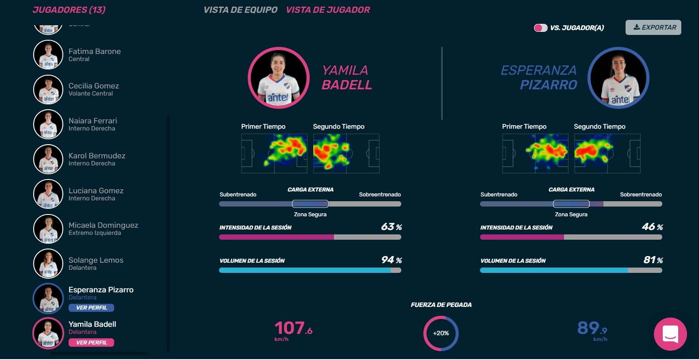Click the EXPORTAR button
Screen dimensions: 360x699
[653, 27]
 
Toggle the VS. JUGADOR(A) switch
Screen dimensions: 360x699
[541, 28]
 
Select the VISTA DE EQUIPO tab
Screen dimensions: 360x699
[240, 10]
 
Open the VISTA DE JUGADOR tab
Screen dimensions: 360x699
[328, 10]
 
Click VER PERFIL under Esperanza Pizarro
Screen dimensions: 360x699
[92, 308]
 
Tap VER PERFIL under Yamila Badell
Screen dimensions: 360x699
[92, 343]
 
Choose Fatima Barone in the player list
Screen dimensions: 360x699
[94, 51]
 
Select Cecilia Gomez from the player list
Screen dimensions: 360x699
[93, 86]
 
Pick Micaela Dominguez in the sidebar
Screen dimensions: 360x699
[103, 226]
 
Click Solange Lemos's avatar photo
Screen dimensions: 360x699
[48, 264]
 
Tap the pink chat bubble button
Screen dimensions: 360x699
[670, 334]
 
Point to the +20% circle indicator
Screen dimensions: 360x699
[441, 333]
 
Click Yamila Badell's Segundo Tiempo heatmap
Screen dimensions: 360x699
[346, 153]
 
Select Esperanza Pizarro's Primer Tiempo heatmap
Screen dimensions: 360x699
[535, 153]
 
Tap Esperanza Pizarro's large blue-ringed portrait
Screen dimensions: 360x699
[618, 78]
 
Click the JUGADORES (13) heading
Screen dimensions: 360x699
[69, 10]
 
